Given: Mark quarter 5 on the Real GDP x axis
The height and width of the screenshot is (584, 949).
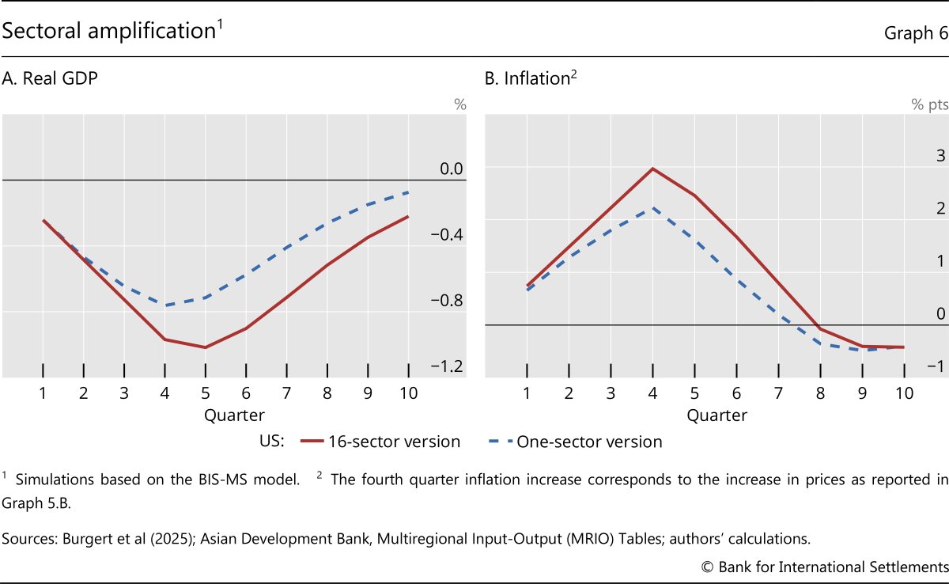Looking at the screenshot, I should [206, 392].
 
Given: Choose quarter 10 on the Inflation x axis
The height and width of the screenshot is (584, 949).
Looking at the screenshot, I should [904, 392].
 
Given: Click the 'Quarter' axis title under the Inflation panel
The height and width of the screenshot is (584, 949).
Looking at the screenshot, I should [716, 415].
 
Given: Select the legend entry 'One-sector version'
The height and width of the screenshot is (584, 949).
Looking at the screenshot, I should [589, 442].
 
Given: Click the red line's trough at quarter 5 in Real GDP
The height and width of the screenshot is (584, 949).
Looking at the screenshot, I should [206, 347].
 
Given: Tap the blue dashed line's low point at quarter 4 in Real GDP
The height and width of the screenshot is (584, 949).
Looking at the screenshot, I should [165, 305].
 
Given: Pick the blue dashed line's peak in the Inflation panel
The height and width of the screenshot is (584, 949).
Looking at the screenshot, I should [652, 208].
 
